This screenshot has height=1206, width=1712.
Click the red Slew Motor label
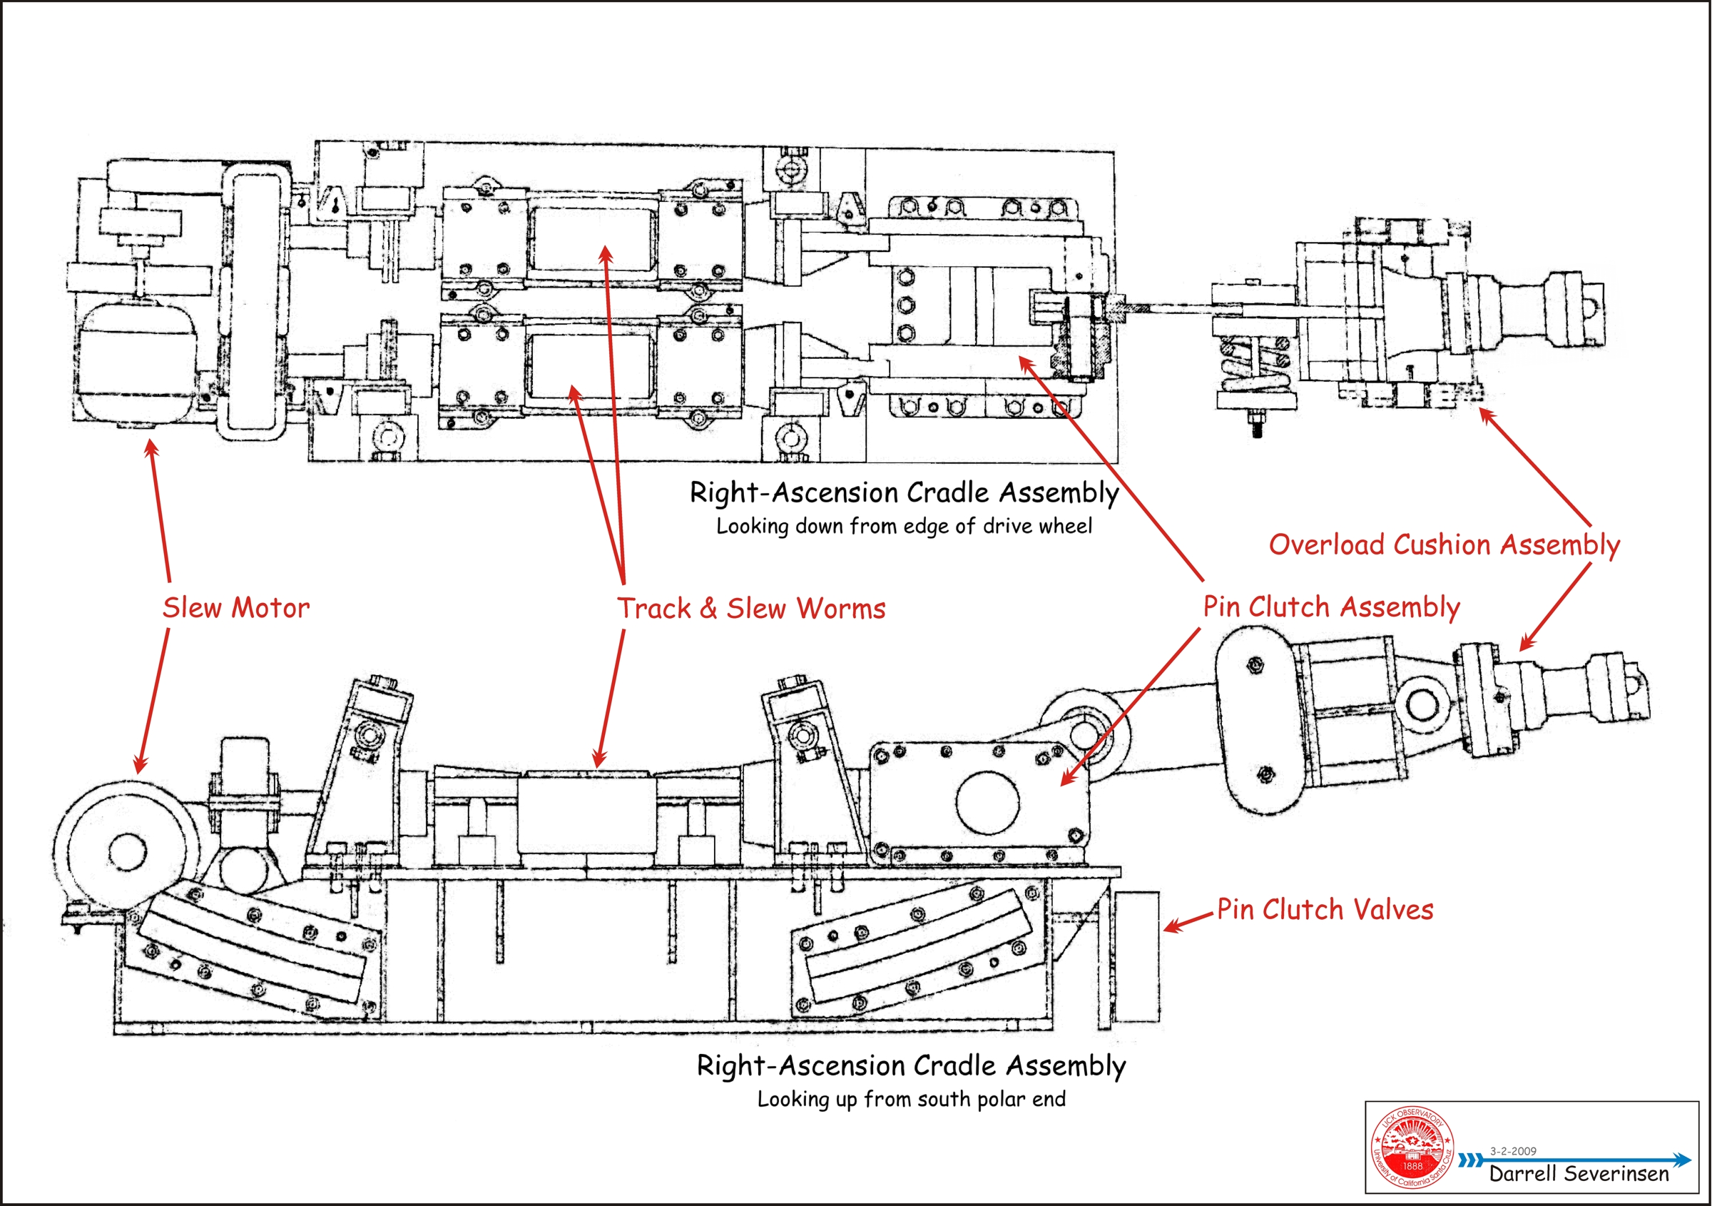point(235,607)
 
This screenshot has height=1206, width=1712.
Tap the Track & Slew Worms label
point(751,608)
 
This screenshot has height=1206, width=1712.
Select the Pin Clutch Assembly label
point(1331,607)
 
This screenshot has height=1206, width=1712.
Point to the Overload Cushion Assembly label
point(1444,544)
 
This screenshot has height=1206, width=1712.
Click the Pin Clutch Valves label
point(1325,909)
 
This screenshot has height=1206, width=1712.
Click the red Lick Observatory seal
point(1412,1147)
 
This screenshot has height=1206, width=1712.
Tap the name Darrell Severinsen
point(1579,1174)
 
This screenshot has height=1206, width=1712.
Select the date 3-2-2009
point(1513,1151)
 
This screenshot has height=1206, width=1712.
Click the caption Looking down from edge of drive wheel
point(904,526)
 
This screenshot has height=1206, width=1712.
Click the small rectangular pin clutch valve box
point(1137,956)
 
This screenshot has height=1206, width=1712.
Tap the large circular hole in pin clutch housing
point(987,803)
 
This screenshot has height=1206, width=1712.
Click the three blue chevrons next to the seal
point(1470,1160)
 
